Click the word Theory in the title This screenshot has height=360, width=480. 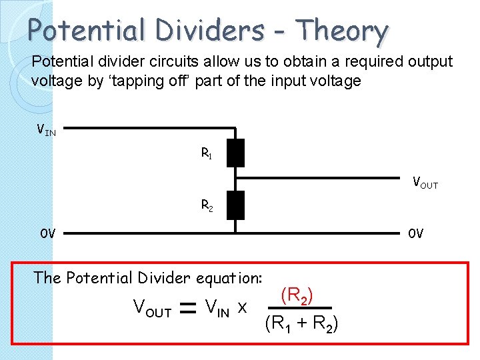[x=342, y=30]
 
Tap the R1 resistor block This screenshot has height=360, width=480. [x=235, y=153]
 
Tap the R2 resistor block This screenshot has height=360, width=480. [x=235, y=205]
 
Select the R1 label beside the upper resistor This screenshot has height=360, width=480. [x=207, y=153]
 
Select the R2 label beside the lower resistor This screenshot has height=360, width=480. [x=207, y=205]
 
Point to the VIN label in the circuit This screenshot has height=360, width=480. [x=46, y=129]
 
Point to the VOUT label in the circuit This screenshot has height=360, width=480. [x=425, y=182]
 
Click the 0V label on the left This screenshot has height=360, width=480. [x=47, y=233]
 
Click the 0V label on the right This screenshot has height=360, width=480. [x=415, y=233]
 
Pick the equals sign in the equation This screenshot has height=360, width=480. [x=188, y=308]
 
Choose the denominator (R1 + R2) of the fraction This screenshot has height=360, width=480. [x=301, y=325]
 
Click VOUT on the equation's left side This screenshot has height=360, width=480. [x=152, y=308]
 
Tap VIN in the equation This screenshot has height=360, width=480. [x=218, y=307]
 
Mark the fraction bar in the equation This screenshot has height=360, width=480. [x=302, y=310]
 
